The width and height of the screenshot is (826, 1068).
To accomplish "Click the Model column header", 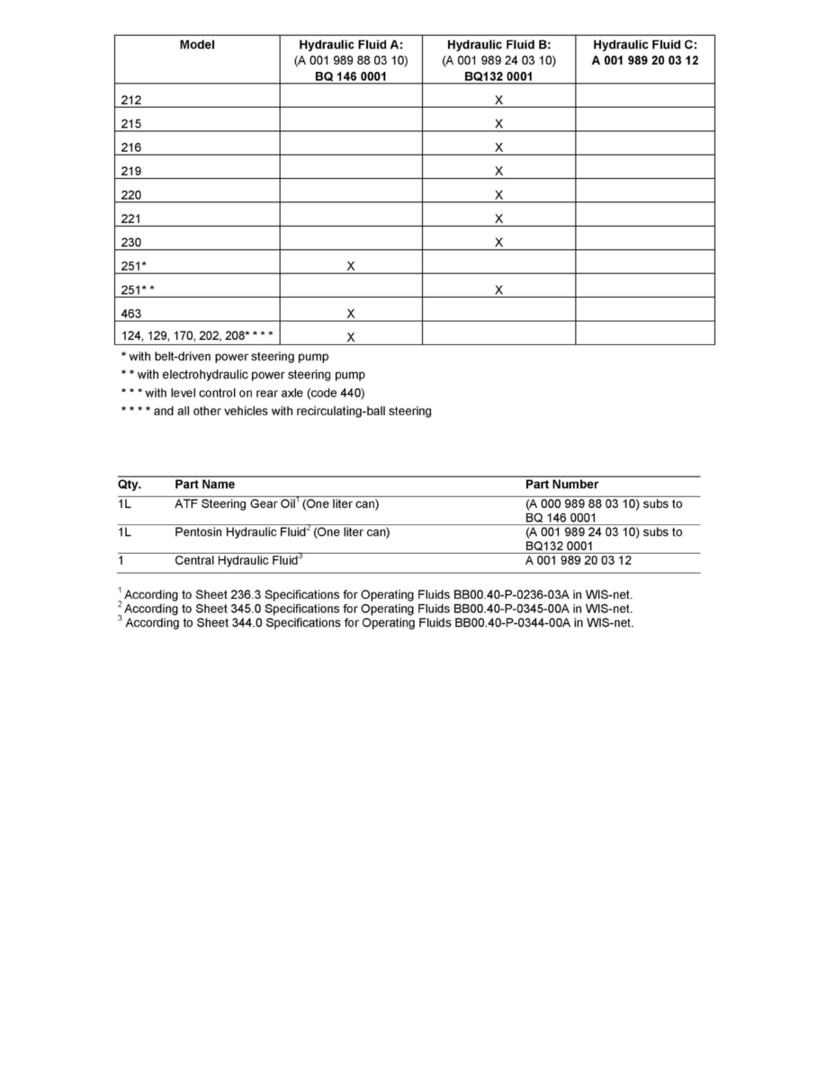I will pos(197,44).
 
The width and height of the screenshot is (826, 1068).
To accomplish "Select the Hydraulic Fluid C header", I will pos(644,44).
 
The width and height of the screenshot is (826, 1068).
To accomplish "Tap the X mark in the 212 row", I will pos(498,100).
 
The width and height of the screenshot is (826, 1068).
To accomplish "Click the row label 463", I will pos(131,314).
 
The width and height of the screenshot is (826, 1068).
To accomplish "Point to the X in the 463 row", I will pos(351,314).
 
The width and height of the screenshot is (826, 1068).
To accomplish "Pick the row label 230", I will pos(131,243).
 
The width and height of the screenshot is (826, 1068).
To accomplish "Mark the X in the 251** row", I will pos(498,290).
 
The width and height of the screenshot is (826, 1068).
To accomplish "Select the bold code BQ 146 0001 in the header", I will pos(351,76).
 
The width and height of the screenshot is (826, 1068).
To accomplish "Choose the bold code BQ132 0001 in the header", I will pos(498,76).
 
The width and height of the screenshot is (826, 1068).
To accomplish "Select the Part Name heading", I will pos(204,485).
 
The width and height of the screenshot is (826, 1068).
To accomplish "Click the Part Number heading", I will pos(561,485).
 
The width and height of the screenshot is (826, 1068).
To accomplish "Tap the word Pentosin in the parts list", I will pos(198,532).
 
